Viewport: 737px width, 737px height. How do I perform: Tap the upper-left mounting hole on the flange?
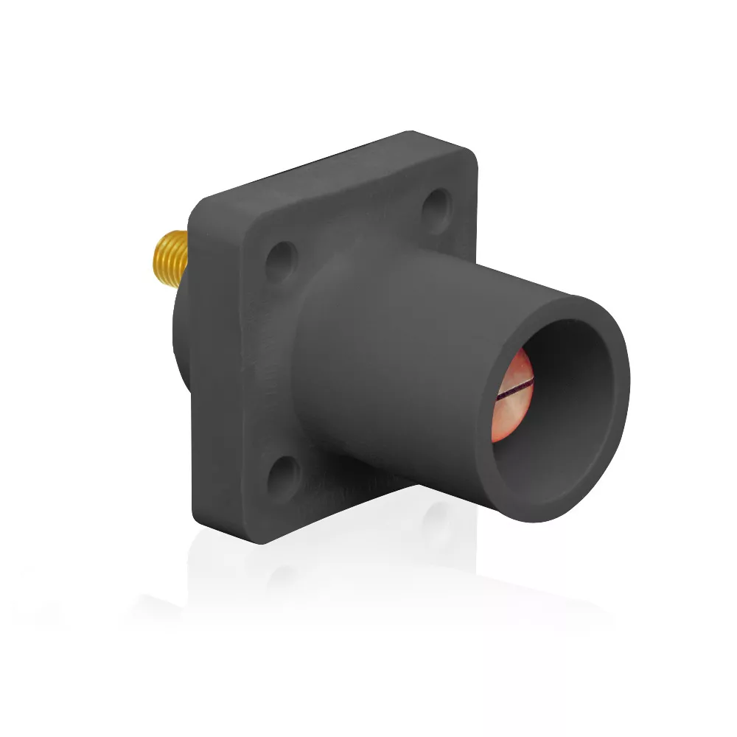(x=281, y=259)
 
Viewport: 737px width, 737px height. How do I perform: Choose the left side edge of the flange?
(x=193, y=368)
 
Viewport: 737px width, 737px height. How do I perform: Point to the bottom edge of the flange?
(x=295, y=516)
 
